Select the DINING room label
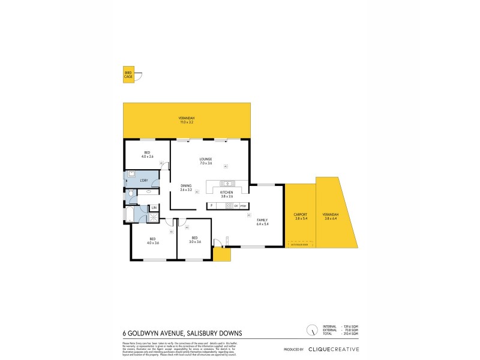point(186,187)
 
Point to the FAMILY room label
point(262,222)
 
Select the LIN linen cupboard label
point(154,208)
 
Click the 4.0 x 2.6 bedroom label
point(147,154)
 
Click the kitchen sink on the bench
point(226,184)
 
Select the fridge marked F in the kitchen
point(211,206)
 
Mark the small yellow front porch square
point(221,255)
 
